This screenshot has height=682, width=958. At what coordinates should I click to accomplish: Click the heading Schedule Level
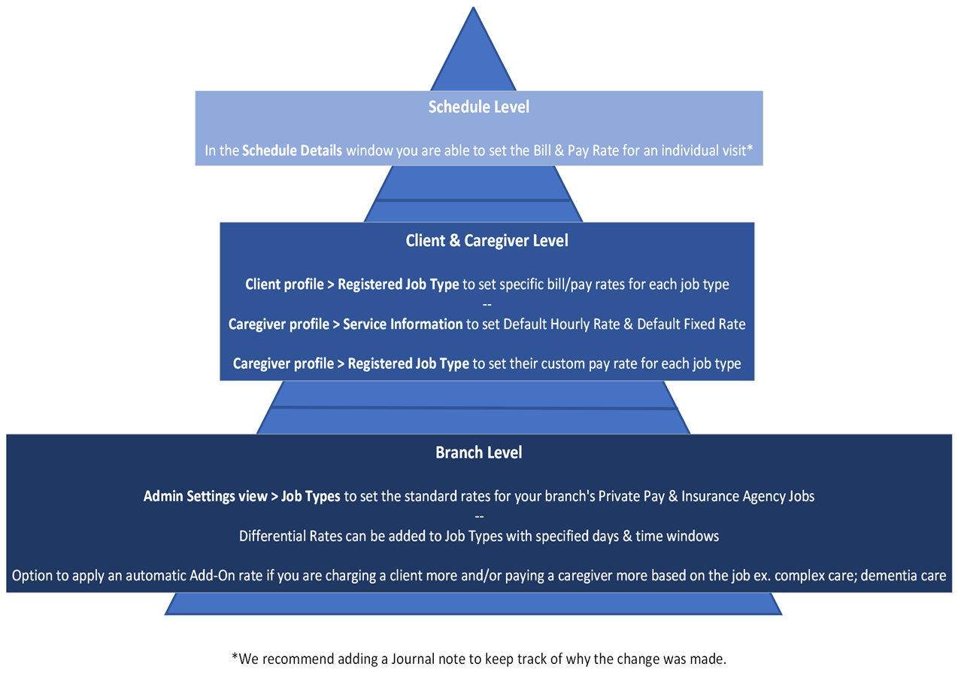pyautogui.click(x=478, y=107)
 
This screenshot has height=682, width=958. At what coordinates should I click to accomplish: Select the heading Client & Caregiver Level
pyautogui.click(x=487, y=241)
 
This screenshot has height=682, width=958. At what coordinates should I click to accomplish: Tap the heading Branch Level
pyautogui.click(x=478, y=453)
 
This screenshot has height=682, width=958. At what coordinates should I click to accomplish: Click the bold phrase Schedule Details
pyautogui.click(x=292, y=151)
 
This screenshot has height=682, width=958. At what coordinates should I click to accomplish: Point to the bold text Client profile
pyautogui.click(x=286, y=285)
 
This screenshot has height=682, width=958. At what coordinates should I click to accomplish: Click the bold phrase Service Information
pyautogui.click(x=402, y=324)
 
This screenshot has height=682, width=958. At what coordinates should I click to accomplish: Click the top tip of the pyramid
pyautogui.click(x=473, y=9)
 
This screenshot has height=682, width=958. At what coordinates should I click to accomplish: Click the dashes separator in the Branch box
pyautogui.click(x=478, y=517)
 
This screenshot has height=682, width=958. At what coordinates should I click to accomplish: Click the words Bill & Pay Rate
pyautogui.click(x=526, y=151)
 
